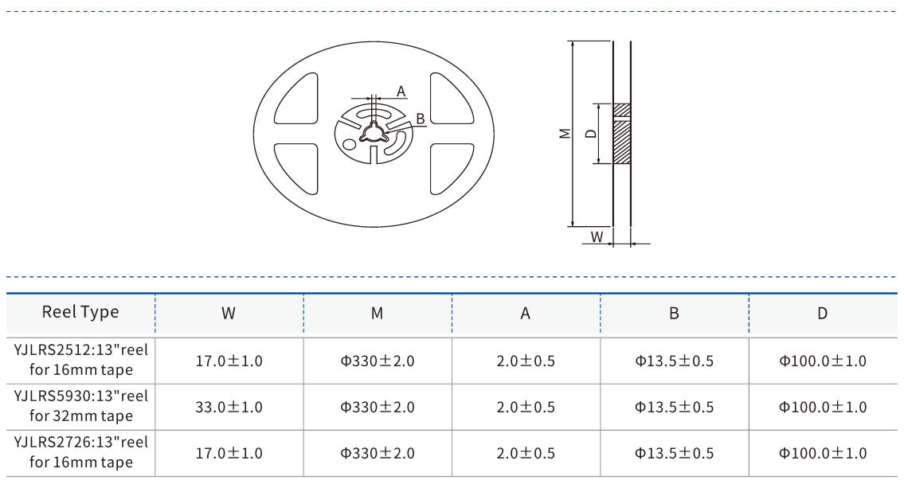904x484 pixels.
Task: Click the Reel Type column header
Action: click(x=80, y=312)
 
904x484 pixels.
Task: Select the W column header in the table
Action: click(x=229, y=314)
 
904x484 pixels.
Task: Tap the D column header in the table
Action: click(x=822, y=314)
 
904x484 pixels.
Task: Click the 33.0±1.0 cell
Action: click(x=229, y=407)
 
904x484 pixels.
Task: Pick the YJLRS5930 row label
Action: click(x=80, y=406)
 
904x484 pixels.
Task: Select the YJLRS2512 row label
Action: click(x=80, y=360)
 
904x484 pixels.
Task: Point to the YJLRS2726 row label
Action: click(x=80, y=452)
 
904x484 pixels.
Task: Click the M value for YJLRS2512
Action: click(x=378, y=361)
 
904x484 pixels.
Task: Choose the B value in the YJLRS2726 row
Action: click(x=674, y=453)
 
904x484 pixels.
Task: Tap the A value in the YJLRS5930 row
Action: click(x=526, y=407)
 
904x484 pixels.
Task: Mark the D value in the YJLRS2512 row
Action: click(x=822, y=361)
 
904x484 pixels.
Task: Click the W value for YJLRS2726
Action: click(x=229, y=453)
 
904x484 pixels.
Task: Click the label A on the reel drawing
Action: click(x=401, y=92)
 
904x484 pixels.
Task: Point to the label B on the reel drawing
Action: click(x=420, y=119)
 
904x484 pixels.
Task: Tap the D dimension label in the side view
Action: click(x=590, y=134)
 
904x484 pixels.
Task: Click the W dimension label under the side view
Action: click(x=597, y=236)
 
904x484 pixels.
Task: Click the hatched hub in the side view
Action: click(x=621, y=134)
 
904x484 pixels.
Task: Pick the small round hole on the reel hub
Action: click(x=350, y=144)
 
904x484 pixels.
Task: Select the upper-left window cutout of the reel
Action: click(x=297, y=99)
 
